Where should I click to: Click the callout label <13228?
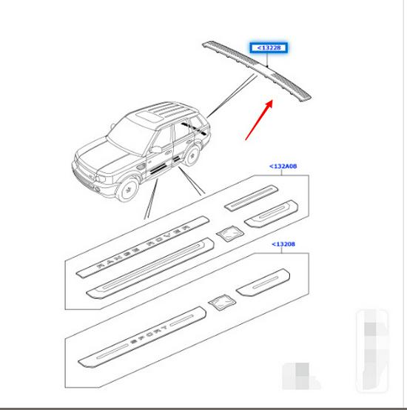[x=269, y=49]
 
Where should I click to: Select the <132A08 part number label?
[x=284, y=167]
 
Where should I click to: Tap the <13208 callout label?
[x=284, y=243]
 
